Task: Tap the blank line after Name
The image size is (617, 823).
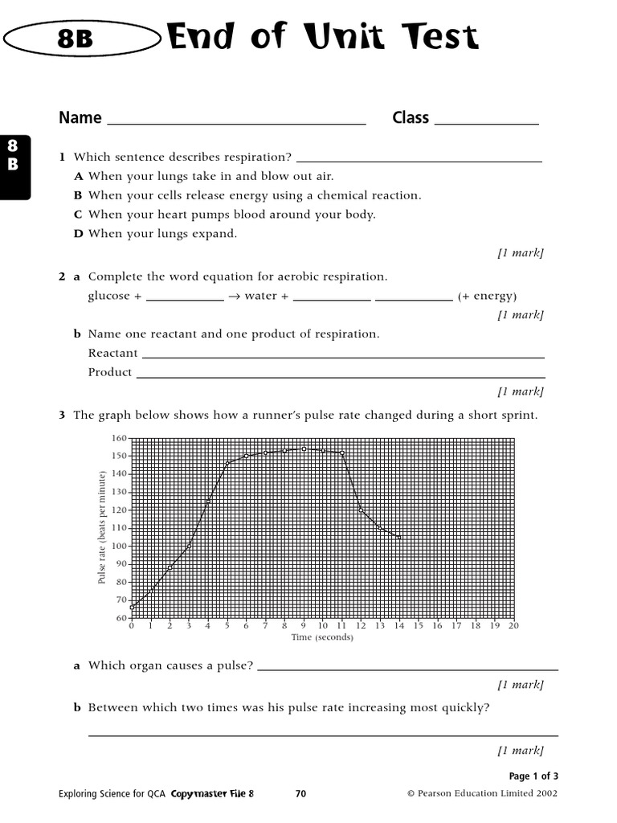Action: pyautogui.click(x=236, y=122)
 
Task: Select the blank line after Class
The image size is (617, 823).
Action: pyautogui.click(x=486, y=122)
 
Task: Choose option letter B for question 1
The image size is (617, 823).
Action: pyautogui.click(x=78, y=195)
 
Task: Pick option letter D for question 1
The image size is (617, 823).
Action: pyautogui.click(x=78, y=234)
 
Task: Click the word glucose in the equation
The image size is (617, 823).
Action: pyautogui.click(x=108, y=296)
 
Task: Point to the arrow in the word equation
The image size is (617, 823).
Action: pyautogui.click(x=234, y=296)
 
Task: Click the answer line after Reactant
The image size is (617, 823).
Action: pyautogui.click(x=343, y=355)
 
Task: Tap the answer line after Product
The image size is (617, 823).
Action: pyautogui.click(x=340, y=375)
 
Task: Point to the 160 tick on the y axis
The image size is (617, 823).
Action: pyautogui.click(x=120, y=438)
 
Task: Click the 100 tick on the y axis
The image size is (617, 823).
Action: pyautogui.click(x=120, y=546)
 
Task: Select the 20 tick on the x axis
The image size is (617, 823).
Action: pyautogui.click(x=513, y=625)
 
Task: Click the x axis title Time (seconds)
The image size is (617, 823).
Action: pyautogui.click(x=321, y=637)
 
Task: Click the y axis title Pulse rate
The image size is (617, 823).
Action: pyautogui.click(x=103, y=528)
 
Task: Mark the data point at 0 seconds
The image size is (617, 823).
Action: pyautogui.click(x=132, y=607)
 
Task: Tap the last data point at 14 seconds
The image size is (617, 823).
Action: pyautogui.click(x=398, y=537)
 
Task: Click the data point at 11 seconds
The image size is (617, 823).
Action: pyautogui.click(x=341, y=452)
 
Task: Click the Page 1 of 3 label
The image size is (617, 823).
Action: pyautogui.click(x=533, y=776)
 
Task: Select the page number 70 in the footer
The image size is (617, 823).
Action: pyautogui.click(x=300, y=794)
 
